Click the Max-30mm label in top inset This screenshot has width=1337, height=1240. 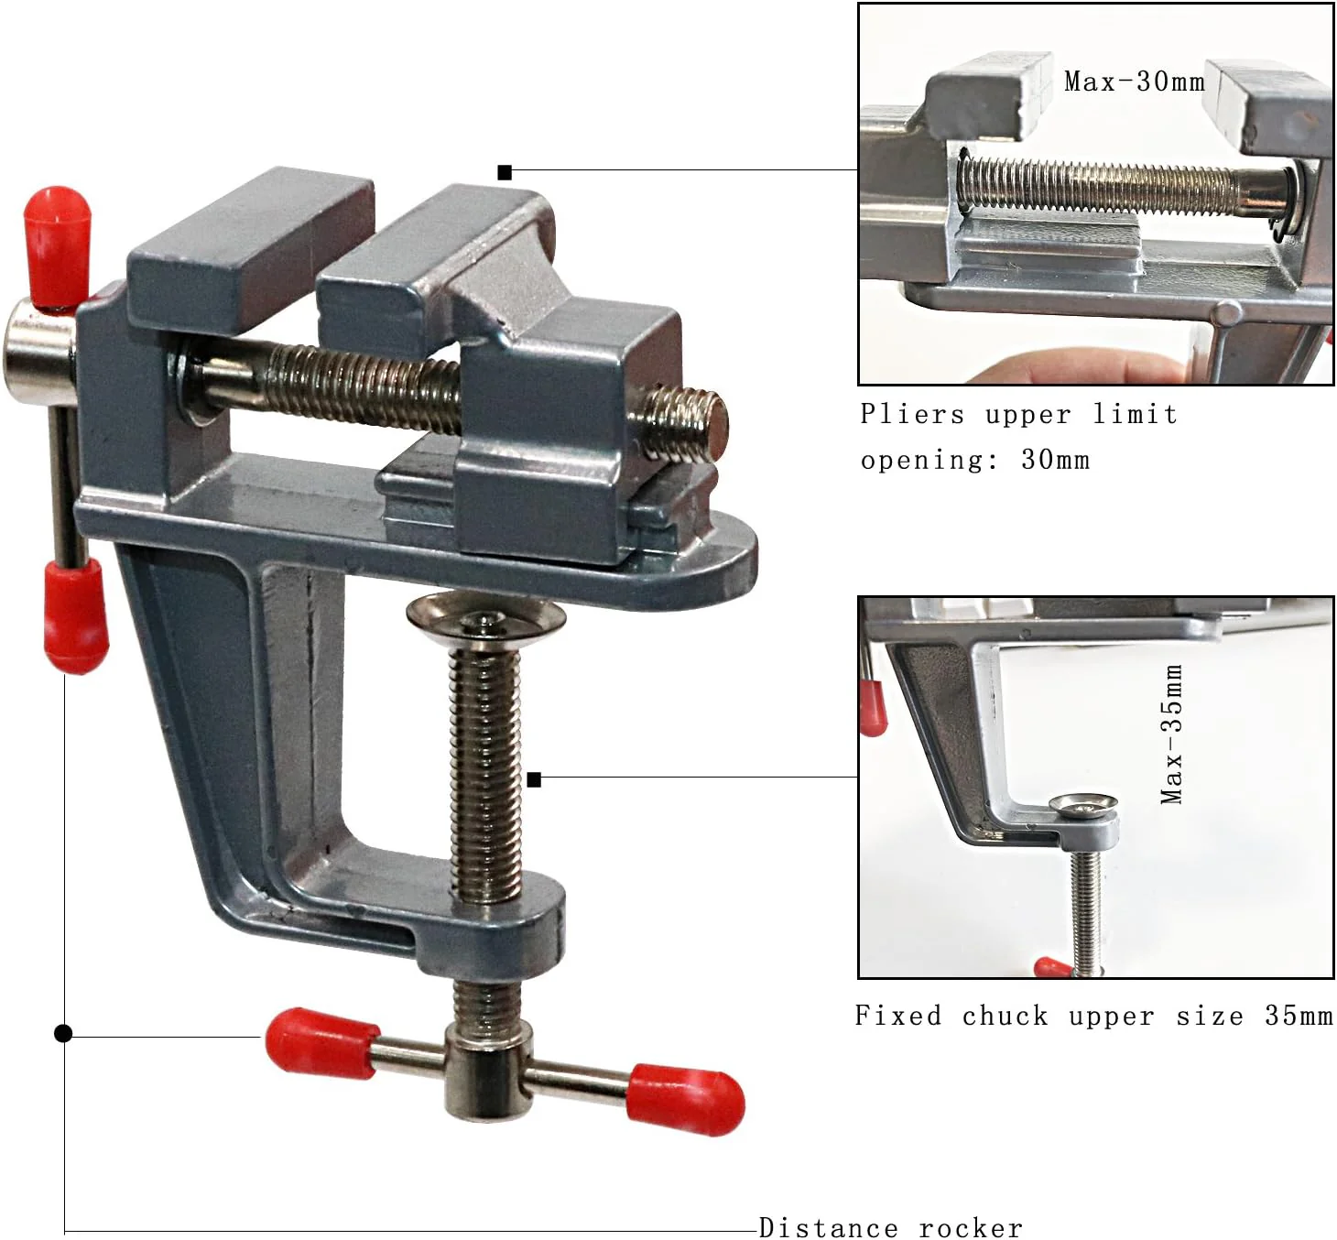(1134, 82)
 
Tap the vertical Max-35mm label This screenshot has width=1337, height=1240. (1172, 734)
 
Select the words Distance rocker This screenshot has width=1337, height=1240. (890, 1227)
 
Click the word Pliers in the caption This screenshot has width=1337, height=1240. (912, 414)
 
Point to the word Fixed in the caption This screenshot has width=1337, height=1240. (897, 1016)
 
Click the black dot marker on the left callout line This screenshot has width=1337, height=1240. (63, 1033)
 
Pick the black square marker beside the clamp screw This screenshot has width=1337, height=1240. (535, 779)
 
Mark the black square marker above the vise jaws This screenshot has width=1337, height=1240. (505, 172)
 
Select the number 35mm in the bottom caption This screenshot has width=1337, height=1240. (1299, 1016)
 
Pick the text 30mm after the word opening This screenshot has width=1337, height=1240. (1056, 460)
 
